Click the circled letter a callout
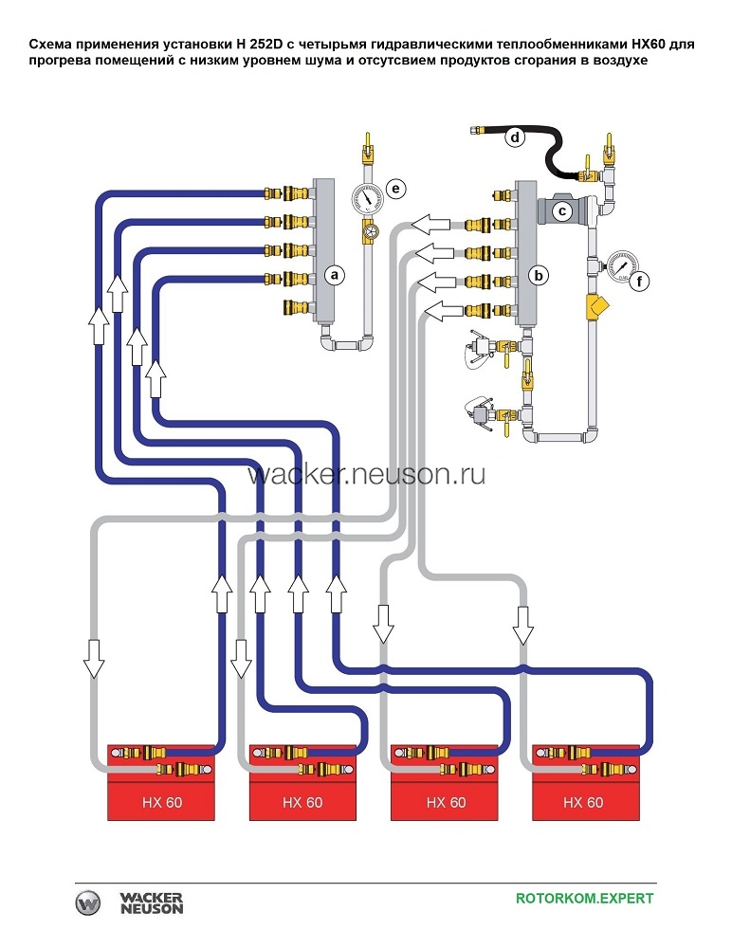click(333, 275)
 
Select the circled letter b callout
click(539, 276)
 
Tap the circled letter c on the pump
click(562, 211)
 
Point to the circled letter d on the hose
click(515, 137)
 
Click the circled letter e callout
click(396, 189)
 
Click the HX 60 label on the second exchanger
click(302, 802)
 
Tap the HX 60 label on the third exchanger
click(446, 802)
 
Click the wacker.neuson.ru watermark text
click(367, 474)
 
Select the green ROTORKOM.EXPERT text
click(584, 898)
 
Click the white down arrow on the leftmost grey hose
click(93, 656)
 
